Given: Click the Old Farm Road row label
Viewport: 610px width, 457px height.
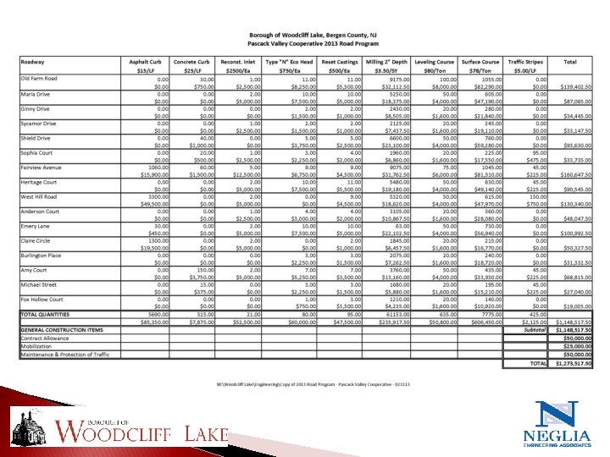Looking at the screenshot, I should [x=40, y=79].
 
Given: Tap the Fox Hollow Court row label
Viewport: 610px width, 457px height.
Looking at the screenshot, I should [x=42, y=300].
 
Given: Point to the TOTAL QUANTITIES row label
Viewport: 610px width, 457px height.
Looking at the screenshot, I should [x=48, y=314].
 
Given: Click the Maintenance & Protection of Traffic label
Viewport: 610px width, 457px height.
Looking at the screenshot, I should [x=66, y=353].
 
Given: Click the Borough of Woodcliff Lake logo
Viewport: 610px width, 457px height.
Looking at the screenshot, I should [x=119, y=427].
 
